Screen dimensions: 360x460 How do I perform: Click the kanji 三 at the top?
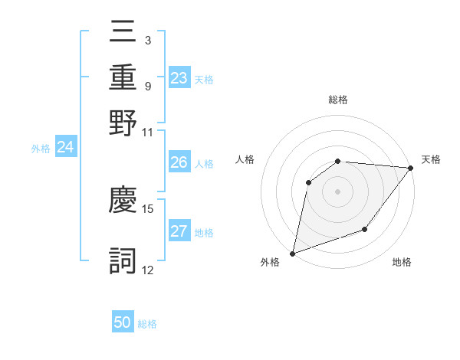click(x=123, y=32)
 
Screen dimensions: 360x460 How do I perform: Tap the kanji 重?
click(x=123, y=77)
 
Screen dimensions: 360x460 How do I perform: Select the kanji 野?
click(x=123, y=123)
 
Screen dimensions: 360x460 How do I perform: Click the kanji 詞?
click(x=123, y=261)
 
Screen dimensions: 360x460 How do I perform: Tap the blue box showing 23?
click(x=179, y=78)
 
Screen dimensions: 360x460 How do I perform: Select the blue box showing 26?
click(x=179, y=162)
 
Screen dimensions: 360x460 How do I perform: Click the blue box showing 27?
click(x=179, y=231)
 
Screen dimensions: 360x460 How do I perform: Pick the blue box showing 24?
click(x=65, y=147)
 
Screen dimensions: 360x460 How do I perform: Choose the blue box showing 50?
click(x=123, y=322)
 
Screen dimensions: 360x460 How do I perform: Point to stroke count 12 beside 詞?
click(x=148, y=270)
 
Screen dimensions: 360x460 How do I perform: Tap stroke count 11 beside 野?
click(x=148, y=132)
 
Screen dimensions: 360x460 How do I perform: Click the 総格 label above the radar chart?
click(x=338, y=100)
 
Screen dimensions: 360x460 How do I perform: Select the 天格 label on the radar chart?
click(x=431, y=159)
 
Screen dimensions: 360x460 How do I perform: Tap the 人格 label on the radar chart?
click(x=245, y=159)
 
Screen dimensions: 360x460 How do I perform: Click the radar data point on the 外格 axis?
click(x=293, y=253)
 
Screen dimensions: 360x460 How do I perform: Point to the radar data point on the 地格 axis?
click(x=365, y=229)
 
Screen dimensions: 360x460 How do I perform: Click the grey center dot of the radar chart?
click(x=338, y=191)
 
